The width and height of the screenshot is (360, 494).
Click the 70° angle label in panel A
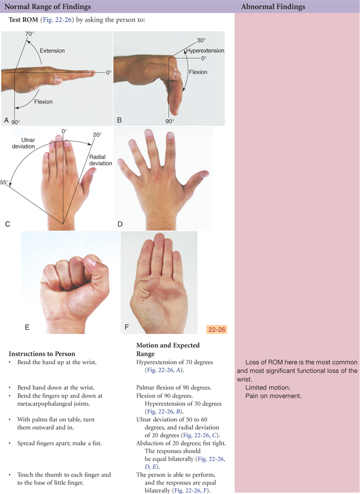29,34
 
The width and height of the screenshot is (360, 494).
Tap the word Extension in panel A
52,51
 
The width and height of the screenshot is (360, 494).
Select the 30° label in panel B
201,40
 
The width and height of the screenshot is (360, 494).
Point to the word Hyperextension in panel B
205,50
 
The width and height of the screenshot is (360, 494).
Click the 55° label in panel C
4,182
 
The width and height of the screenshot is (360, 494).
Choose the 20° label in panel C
97,135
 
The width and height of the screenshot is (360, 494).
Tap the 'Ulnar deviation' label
23,143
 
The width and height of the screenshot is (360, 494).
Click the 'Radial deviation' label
100,160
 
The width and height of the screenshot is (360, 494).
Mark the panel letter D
120,224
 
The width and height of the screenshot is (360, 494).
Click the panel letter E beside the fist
27,328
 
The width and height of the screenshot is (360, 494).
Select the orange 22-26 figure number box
216,329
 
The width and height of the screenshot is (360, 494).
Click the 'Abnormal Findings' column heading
273,7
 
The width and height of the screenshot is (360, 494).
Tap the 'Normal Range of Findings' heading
48,7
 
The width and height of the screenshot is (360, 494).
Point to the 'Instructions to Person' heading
42,354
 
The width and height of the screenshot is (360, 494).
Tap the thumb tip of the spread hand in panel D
206,173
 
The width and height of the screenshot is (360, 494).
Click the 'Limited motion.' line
268,387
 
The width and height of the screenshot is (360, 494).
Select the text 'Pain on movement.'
273,396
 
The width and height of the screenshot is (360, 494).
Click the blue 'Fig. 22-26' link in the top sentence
57,20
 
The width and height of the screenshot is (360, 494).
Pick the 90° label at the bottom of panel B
170,121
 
